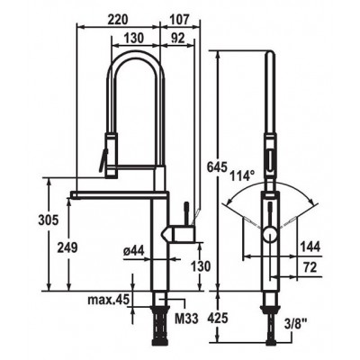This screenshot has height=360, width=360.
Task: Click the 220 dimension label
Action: tap(118, 20)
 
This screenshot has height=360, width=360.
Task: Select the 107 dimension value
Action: tap(179, 20)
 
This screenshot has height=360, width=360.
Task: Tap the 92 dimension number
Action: tap(178, 38)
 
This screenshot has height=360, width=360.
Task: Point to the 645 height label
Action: tap(218, 167)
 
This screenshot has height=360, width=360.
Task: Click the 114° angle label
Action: tap(242, 175)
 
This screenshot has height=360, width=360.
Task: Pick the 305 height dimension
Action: tap(49, 220)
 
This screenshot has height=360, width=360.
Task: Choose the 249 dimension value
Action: tap(67, 247)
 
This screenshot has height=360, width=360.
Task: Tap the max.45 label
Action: tap(108, 299)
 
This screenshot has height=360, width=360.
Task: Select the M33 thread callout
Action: tap(186, 319)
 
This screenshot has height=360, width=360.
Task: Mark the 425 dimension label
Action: tap(218, 318)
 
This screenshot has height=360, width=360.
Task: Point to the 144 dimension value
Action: tap(310, 247)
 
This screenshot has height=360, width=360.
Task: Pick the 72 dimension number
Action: tap(310, 267)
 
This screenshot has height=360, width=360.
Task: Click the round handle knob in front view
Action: tap(271, 234)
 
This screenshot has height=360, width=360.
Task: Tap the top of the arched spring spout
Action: tap(136, 53)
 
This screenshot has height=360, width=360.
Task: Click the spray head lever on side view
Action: tap(102, 159)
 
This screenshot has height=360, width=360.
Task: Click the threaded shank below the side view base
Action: tap(159, 325)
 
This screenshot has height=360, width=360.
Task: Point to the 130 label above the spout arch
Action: tap(134, 38)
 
